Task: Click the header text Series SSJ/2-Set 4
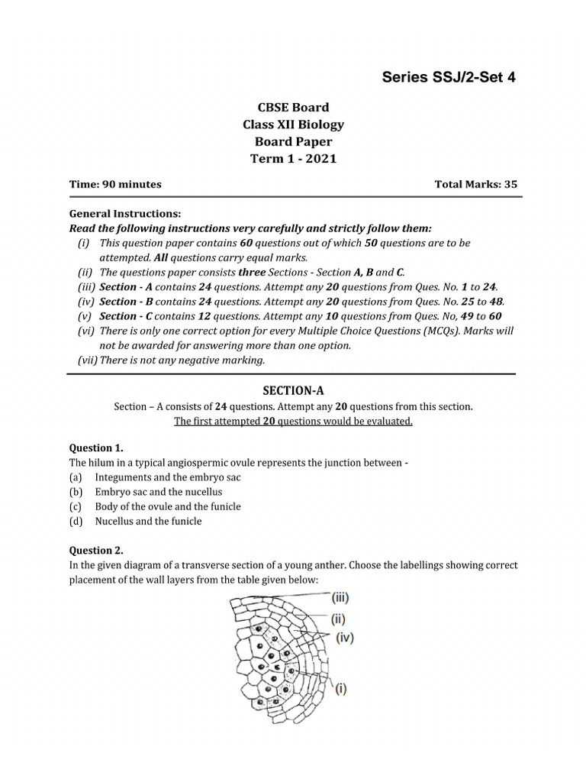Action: click(x=449, y=77)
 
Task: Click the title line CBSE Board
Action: click(x=293, y=108)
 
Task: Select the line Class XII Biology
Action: click(x=293, y=124)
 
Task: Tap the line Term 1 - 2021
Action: click(x=293, y=159)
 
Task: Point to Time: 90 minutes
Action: click(x=115, y=184)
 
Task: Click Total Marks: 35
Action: click(x=475, y=184)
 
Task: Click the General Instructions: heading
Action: click(x=125, y=214)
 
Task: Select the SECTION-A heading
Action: click(x=293, y=389)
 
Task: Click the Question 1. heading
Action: click(x=96, y=448)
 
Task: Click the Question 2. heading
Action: click(x=96, y=550)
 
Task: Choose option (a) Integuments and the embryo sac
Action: click(x=166, y=477)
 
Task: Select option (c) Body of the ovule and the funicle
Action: click(x=167, y=506)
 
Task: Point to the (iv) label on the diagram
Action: click(x=345, y=638)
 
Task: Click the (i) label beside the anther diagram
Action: click(x=340, y=688)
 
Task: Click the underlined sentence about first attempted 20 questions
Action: click(x=293, y=422)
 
